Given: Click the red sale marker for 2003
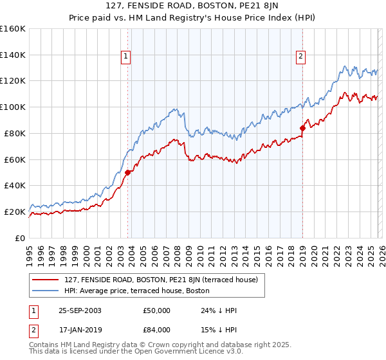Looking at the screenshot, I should point(127,172).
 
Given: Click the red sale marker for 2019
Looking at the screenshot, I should point(302,128).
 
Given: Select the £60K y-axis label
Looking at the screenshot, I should point(15,159).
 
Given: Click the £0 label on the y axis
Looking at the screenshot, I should point(19,238).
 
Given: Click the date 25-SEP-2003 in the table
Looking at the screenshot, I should point(80,310).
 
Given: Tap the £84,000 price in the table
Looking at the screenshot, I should point(156,331).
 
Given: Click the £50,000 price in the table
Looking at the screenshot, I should point(156,310).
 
